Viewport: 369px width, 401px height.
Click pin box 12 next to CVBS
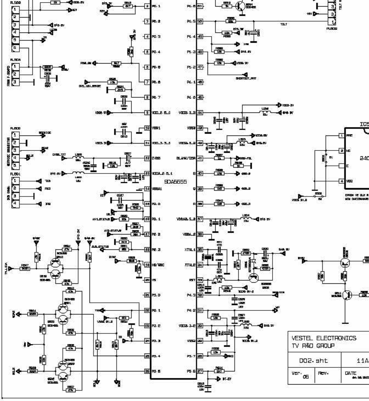(x=147, y=159)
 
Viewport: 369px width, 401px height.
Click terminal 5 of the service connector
(x=15, y=165)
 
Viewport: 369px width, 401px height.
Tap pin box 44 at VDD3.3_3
(x=200, y=113)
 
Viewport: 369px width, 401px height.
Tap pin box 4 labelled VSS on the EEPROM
(x=342, y=181)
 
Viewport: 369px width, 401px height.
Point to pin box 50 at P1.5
(x=200, y=22)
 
